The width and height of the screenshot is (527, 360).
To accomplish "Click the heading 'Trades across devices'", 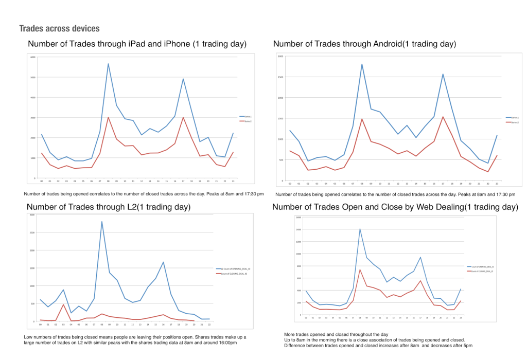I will (x=59, y=28).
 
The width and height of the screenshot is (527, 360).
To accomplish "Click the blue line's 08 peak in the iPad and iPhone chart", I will (x=108, y=64).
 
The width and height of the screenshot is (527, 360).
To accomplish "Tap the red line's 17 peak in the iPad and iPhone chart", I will (x=183, y=117).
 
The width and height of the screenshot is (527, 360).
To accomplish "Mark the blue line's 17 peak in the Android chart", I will (x=442, y=74).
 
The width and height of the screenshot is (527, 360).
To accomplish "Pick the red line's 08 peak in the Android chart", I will (x=362, y=119).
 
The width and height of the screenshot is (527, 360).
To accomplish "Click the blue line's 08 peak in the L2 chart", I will (x=102, y=222).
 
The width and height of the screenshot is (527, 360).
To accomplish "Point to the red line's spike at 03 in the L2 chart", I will (x=63, y=304).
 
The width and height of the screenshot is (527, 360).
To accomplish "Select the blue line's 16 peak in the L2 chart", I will (x=163, y=262).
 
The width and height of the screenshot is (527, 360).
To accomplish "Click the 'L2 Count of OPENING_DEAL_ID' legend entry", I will (x=235, y=269).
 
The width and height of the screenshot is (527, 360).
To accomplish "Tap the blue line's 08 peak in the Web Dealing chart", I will (x=360, y=229).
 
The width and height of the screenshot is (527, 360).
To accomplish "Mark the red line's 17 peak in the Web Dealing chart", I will (x=420, y=281).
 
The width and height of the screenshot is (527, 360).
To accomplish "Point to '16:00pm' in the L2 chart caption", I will (x=226, y=343).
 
